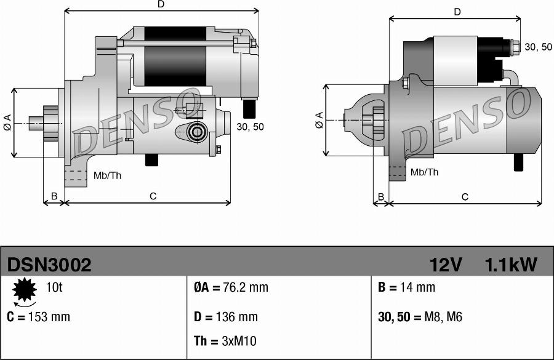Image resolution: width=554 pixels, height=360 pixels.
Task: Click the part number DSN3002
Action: pyautogui.click(x=49, y=265)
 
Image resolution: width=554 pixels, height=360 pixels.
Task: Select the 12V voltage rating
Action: pyautogui.click(x=446, y=265)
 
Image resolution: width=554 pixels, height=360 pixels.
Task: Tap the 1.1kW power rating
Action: pyautogui.click(x=511, y=265)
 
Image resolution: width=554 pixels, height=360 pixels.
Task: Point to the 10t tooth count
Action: pyautogui.click(x=54, y=287)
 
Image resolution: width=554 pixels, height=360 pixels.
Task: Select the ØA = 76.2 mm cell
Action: pyautogui.click(x=231, y=287)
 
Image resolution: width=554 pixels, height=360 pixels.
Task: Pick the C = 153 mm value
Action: pyautogui.click(x=38, y=317)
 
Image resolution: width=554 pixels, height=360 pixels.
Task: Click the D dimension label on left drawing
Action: pyautogui.click(x=161, y=4)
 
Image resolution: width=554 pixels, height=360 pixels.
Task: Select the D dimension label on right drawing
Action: pyautogui.click(x=457, y=12)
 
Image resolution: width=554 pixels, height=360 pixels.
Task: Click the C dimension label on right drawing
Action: pyautogui.click(x=465, y=197)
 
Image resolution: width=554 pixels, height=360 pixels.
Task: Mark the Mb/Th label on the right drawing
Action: pyautogui.click(x=424, y=172)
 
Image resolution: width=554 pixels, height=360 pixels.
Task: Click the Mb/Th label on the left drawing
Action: pyautogui.click(x=107, y=175)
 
